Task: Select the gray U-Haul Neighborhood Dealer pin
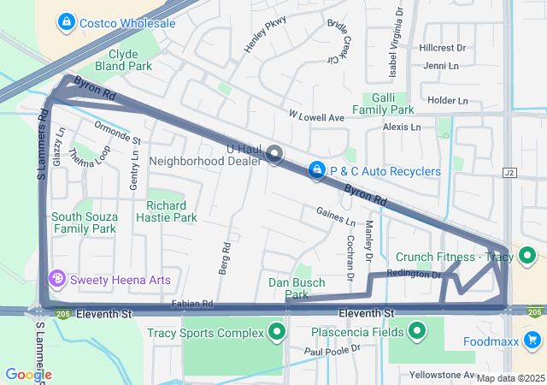274,154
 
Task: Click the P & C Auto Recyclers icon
317,171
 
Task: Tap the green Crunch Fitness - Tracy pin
527,256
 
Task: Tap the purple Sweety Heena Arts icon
58,279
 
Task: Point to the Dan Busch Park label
288,288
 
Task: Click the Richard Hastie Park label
166,211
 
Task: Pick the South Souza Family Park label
83,222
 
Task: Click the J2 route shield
511,172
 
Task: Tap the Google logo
27,374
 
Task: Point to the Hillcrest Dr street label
443,48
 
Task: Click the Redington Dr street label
414,274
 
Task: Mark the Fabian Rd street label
191,304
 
